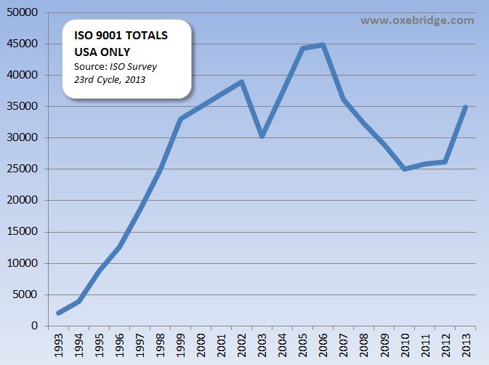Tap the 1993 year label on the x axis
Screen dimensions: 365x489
[58, 345]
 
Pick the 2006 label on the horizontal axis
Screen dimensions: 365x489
[323, 345]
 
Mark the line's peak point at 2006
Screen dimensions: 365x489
[323, 45]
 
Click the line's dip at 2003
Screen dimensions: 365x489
[262, 136]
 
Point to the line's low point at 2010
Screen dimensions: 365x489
[404, 169]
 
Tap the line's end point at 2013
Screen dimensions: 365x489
[465, 108]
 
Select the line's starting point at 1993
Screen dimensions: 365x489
[58, 313]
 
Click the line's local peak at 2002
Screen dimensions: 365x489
[241, 82]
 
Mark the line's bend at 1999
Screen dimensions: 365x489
[180, 119]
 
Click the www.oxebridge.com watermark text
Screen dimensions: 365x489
[417, 20]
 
